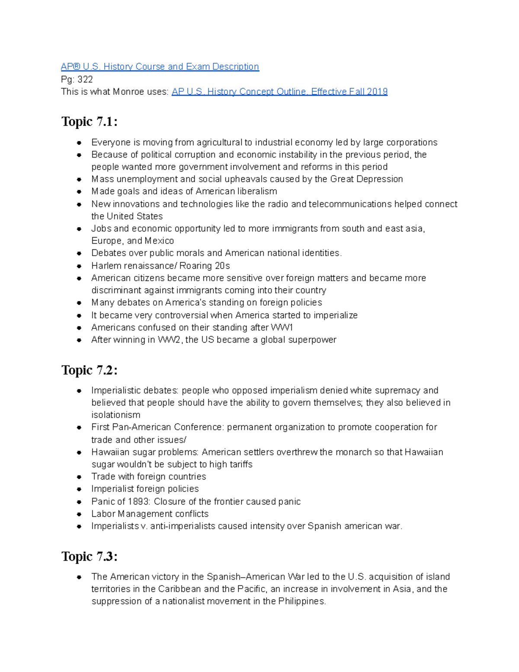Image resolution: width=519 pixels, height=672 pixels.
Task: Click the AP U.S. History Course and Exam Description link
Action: pyautogui.click(x=160, y=67)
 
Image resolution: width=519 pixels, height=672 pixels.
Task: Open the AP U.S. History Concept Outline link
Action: pyautogui.click(x=279, y=92)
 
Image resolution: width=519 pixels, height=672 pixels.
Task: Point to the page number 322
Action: pyautogui.click(x=85, y=79)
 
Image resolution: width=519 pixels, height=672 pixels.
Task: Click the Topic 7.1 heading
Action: pyautogui.click(x=89, y=122)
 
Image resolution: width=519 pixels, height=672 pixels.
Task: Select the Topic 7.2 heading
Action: pyautogui.click(x=89, y=370)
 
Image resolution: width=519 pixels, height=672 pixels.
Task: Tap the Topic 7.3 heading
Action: pyautogui.click(x=89, y=556)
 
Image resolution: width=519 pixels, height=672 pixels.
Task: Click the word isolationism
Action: pyautogui.click(x=115, y=415)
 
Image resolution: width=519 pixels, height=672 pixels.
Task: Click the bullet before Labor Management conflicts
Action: pyautogui.click(x=79, y=514)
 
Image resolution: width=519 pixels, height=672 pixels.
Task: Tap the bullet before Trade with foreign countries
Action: pyautogui.click(x=79, y=477)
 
